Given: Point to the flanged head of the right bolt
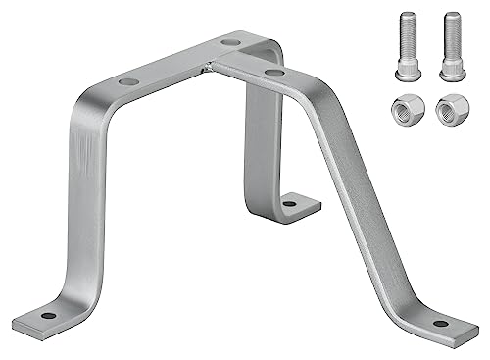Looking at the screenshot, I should point(452,69).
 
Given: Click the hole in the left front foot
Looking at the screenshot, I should point(47,315).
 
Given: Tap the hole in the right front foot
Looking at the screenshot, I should point(440,323).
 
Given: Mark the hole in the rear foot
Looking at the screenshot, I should point(290,204).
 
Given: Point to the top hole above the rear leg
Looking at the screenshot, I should point(229,42).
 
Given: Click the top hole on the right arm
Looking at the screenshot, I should point(275,73).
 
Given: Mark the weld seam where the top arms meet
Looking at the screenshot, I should point(209,67).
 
